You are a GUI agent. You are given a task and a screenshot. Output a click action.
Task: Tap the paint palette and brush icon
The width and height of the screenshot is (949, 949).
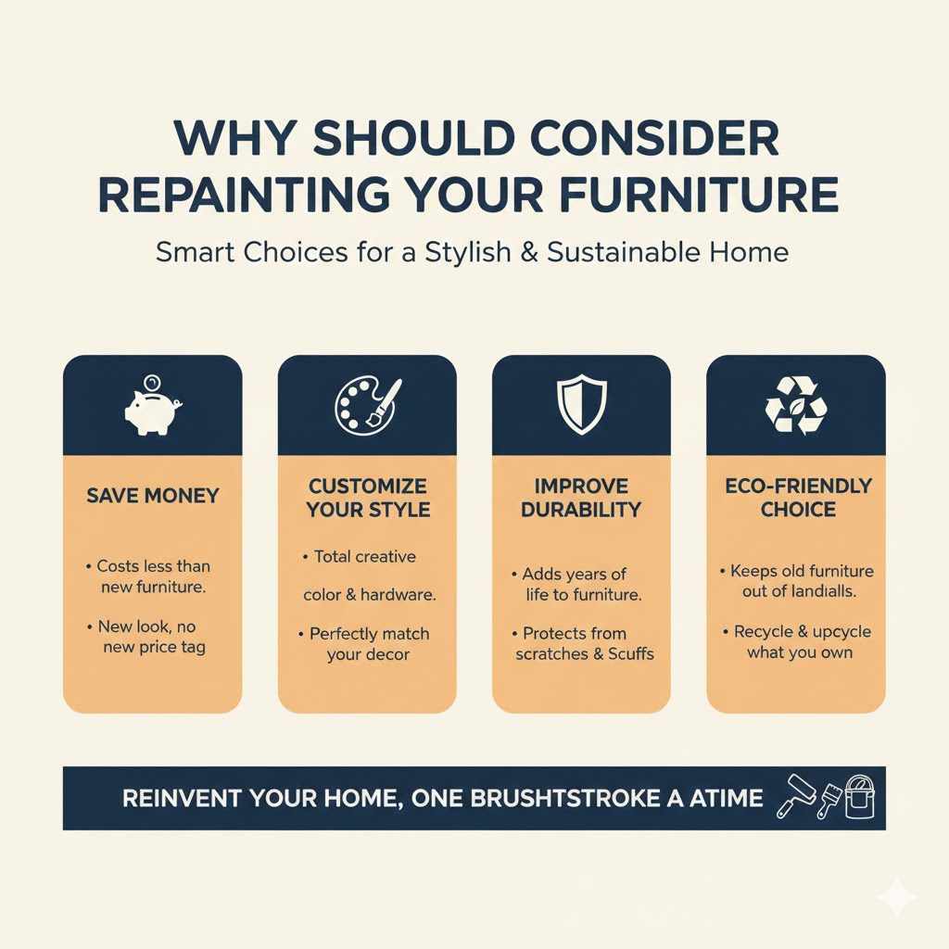click(367, 406)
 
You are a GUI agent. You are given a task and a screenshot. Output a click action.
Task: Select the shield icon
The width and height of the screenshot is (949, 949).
click(581, 406)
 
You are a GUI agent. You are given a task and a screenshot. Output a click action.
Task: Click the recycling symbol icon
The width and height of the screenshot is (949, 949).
click(795, 406)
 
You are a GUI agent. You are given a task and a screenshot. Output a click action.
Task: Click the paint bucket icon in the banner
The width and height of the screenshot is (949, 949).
click(859, 796)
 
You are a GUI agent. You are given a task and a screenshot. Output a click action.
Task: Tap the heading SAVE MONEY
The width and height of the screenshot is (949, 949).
click(153, 496)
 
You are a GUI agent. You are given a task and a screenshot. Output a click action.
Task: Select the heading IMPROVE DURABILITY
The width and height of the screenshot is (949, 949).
click(581, 498)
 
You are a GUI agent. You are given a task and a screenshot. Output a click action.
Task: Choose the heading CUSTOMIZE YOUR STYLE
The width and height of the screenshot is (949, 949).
click(368, 498)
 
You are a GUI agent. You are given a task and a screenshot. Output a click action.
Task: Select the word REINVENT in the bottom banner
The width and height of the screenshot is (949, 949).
click(180, 798)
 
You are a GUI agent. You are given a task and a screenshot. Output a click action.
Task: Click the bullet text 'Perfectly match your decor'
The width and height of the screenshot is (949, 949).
click(368, 644)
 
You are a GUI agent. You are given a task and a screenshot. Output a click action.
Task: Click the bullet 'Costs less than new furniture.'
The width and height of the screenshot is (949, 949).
click(154, 576)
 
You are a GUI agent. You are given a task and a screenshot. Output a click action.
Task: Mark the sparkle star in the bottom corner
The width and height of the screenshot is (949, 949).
click(897, 896)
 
